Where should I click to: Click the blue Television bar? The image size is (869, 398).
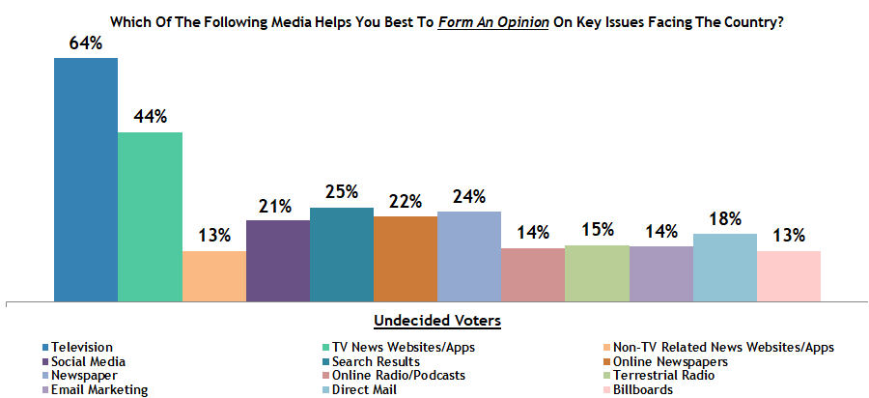pyautogui.click(x=85, y=179)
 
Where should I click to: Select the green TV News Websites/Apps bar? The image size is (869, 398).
pyautogui.click(x=150, y=216)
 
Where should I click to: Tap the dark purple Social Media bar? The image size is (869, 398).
pyautogui.click(x=278, y=261)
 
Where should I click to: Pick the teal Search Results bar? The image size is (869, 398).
pyautogui.click(x=342, y=254)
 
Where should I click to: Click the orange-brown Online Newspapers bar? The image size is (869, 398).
pyautogui.click(x=406, y=259)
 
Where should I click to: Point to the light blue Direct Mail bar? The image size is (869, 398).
pyautogui.click(x=725, y=268)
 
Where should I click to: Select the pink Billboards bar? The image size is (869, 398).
pyautogui.click(x=789, y=276)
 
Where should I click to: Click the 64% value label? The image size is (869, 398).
pyautogui.click(x=86, y=43)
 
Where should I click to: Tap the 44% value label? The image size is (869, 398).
pyautogui.click(x=150, y=117)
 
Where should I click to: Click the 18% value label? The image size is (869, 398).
pyautogui.click(x=725, y=219)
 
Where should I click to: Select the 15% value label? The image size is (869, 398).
pyautogui.click(x=597, y=231)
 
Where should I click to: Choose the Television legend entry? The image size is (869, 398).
pyautogui.click(x=82, y=347)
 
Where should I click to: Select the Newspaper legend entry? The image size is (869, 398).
pyautogui.click(x=86, y=376)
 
